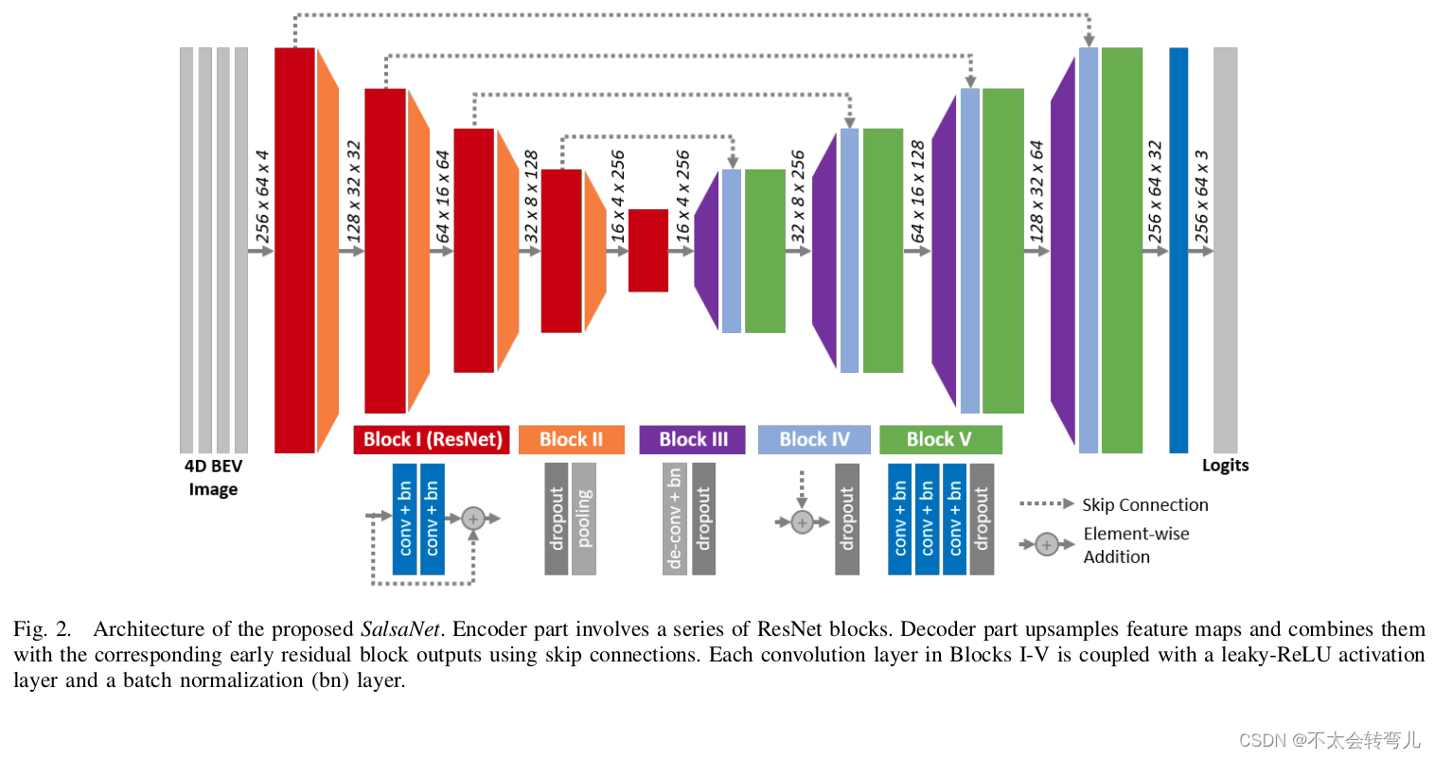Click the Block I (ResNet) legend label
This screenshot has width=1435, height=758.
click(432, 439)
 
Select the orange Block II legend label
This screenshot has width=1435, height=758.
click(571, 439)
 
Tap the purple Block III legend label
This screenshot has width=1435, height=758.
click(693, 439)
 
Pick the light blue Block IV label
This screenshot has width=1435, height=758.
click(814, 439)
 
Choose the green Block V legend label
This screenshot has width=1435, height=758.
click(939, 439)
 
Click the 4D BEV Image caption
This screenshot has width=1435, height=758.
click(213, 477)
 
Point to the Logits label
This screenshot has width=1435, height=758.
click(1225, 465)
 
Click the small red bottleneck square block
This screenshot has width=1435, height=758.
click(648, 250)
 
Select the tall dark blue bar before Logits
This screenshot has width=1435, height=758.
click(1178, 250)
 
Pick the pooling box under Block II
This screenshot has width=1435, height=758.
click(584, 519)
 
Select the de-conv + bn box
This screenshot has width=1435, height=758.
click(674, 519)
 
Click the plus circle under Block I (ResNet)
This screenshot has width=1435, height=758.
click(473, 518)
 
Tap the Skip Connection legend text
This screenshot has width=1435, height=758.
click(1144, 504)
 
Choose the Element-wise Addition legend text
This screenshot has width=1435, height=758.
click(1135, 545)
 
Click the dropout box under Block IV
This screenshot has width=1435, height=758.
click(847, 519)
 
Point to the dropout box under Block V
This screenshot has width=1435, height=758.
click(982, 519)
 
